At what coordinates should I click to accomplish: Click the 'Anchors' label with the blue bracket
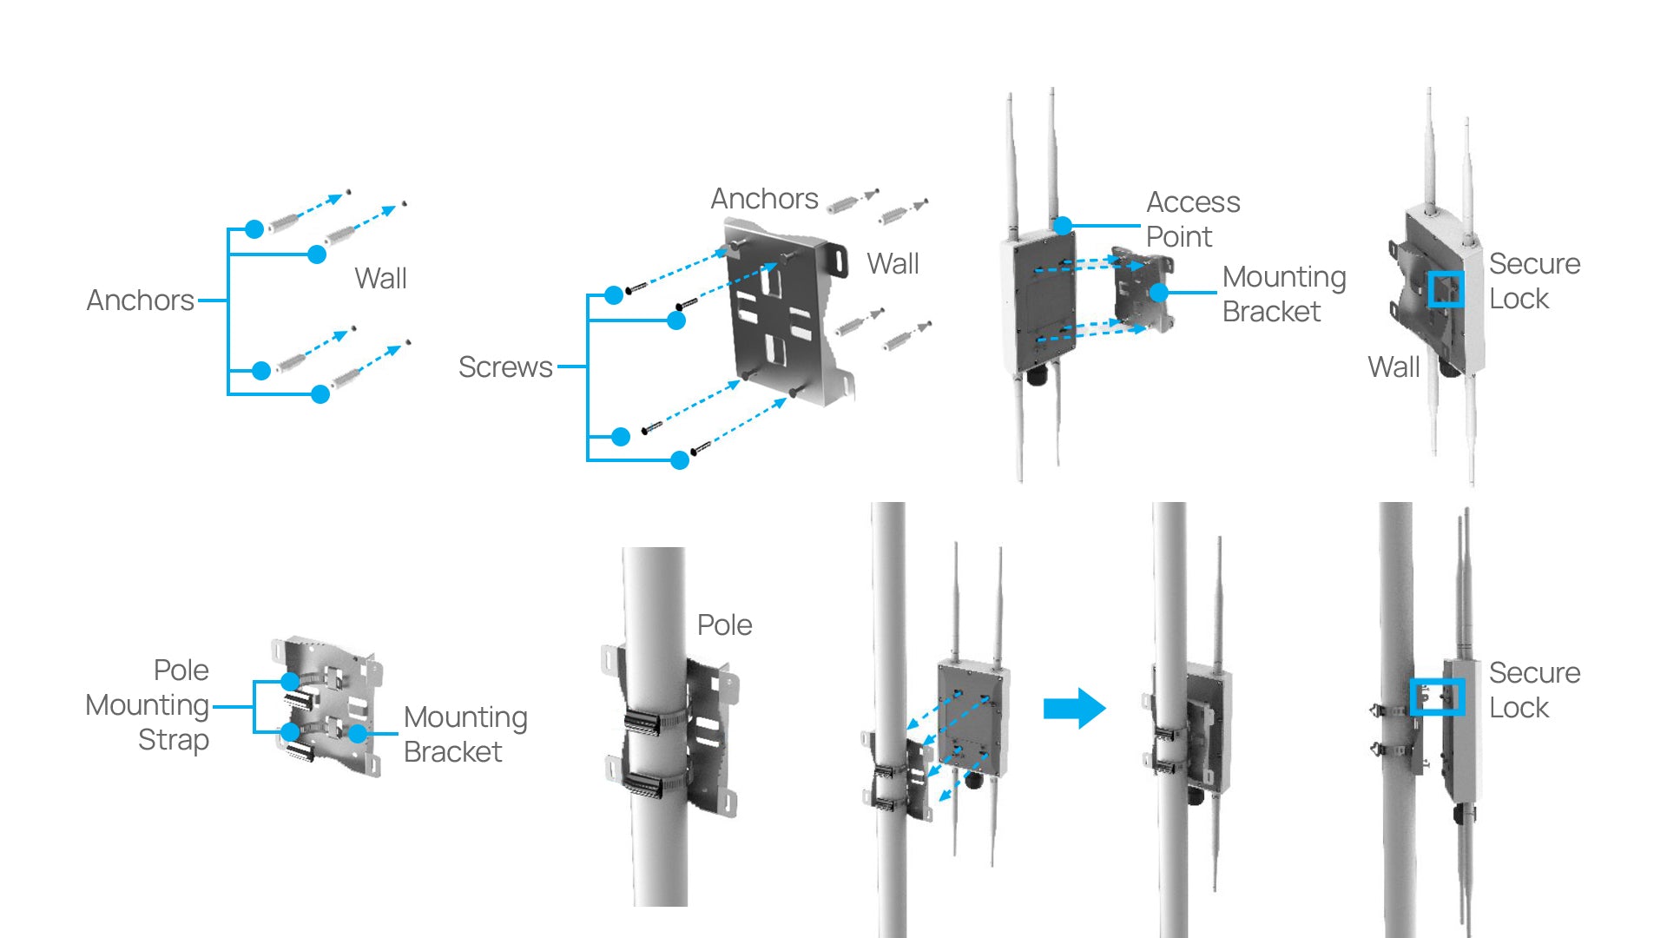140,301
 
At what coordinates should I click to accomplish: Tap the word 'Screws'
505,367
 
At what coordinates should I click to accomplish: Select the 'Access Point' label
1192,219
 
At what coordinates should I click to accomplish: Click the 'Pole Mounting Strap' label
148,704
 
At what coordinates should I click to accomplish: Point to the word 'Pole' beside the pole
724,625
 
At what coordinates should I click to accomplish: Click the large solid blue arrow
1074,709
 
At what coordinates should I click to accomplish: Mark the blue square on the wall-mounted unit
1446,289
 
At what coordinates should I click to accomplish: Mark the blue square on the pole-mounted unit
1437,697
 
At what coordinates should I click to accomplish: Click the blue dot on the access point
1063,226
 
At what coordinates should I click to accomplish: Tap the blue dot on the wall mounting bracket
1158,293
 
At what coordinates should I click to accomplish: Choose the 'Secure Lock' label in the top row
1534,281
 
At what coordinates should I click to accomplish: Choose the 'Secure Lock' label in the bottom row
1534,690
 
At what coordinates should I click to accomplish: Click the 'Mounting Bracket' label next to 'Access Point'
1283,294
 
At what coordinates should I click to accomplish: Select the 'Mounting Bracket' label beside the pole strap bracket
465,735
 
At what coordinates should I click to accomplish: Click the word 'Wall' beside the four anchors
380,279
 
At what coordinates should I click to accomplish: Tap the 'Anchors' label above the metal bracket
764,199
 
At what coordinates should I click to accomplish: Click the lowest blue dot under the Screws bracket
680,460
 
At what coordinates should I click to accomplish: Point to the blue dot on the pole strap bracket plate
358,734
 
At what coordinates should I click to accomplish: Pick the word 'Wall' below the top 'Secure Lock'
1394,367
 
